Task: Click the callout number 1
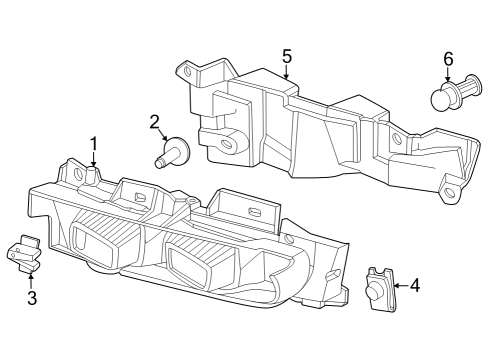94,143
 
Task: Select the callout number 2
155,122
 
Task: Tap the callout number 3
31,298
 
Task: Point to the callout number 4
415,285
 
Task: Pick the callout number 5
286,56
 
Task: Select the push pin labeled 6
447,96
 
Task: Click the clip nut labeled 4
377,287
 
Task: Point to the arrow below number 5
286,72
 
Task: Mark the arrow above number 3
31,279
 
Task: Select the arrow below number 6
448,75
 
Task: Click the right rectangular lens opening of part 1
190,262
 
